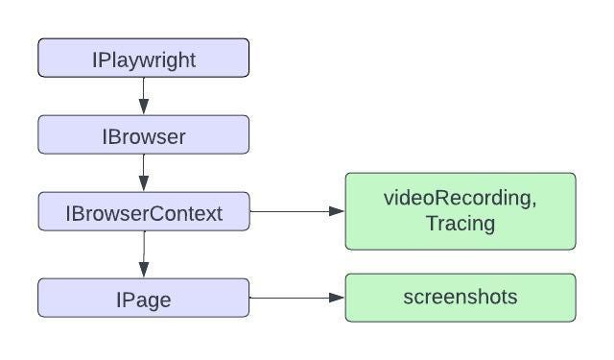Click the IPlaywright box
coord(144,58)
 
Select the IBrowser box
coord(144,134)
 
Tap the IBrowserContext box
coord(144,212)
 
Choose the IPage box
coord(144,298)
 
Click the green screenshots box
coord(460,298)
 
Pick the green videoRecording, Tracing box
coord(460,211)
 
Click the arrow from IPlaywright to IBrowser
coord(144,94)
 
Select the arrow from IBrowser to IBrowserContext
coord(144,171)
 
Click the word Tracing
coord(460,224)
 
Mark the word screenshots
coord(460,297)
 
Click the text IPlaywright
coord(144,60)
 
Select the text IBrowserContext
coord(144,213)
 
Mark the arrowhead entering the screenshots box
coord(337,298)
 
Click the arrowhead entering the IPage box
coord(144,272)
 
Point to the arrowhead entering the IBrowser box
coord(144,108)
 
